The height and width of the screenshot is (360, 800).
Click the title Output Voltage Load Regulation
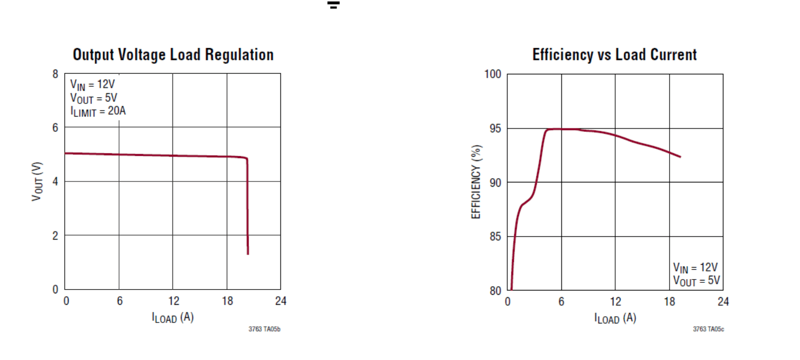(x=173, y=55)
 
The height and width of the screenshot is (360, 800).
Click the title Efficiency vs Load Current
(x=614, y=55)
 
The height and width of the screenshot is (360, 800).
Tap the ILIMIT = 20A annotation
(x=98, y=111)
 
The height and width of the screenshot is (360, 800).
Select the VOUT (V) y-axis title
(x=37, y=181)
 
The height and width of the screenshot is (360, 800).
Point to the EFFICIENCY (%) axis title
(x=476, y=182)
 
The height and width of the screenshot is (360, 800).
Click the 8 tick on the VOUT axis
(x=56, y=74)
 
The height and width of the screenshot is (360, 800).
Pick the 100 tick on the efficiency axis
(x=493, y=74)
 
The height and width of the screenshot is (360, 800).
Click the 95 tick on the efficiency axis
(x=495, y=129)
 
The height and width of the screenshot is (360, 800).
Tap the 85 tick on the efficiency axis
(x=495, y=237)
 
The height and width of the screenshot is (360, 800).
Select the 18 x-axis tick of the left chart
(x=227, y=301)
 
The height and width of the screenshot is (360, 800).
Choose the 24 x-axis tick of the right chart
(x=723, y=301)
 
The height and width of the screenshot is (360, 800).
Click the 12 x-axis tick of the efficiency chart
(x=615, y=301)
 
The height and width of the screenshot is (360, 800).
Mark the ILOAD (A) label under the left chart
(x=173, y=318)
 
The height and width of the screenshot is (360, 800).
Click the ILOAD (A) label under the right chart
(x=615, y=318)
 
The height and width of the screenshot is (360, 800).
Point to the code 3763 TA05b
(x=264, y=329)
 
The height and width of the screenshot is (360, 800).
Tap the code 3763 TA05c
(x=708, y=329)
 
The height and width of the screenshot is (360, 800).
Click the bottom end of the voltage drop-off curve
(x=248, y=254)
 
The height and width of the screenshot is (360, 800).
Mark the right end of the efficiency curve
(x=680, y=157)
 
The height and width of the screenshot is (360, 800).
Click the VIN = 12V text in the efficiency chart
(x=695, y=268)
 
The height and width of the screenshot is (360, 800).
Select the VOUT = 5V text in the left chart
(x=94, y=98)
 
